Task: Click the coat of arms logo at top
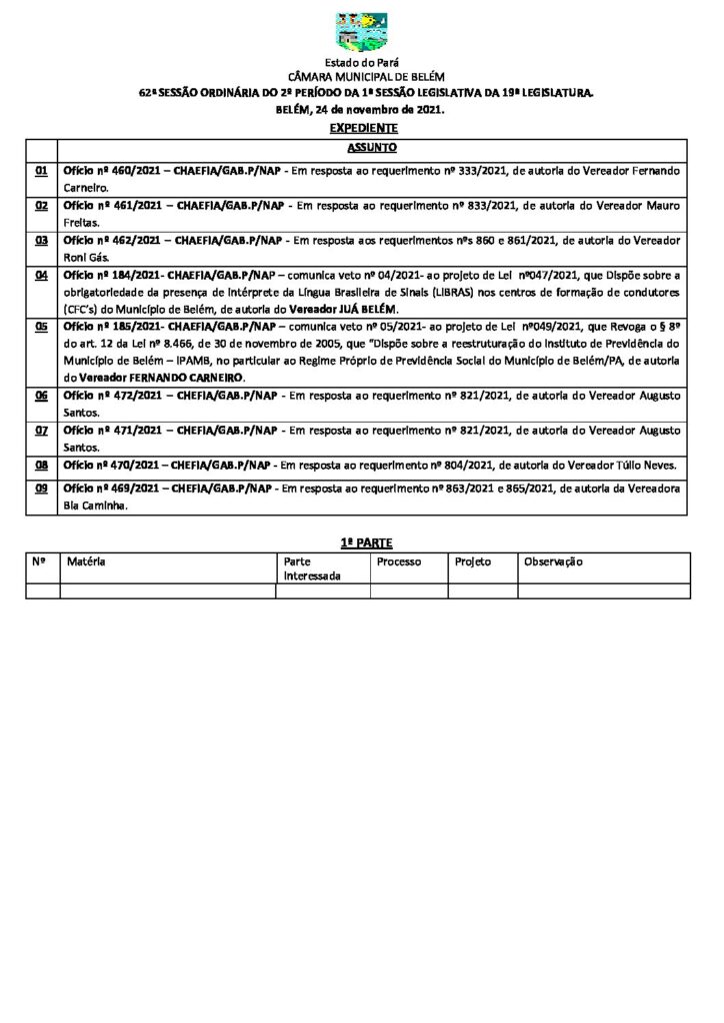click(361, 32)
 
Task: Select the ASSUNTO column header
click(372, 148)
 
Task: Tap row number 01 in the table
click(42, 172)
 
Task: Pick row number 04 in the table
click(42, 274)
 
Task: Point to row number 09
click(42, 489)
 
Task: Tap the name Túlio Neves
click(646, 466)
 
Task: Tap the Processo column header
click(398, 561)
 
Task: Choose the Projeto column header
click(473, 561)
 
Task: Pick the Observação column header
click(553, 561)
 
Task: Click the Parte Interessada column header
click(311, 568)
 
